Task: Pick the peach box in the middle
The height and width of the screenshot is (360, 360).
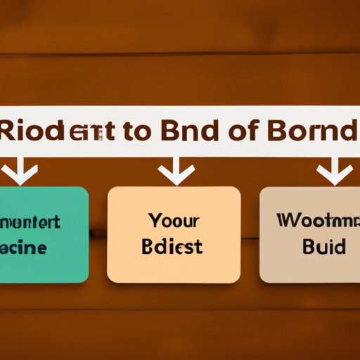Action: [x=174, y=233]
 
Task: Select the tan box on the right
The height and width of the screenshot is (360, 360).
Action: [x=309, y=233]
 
